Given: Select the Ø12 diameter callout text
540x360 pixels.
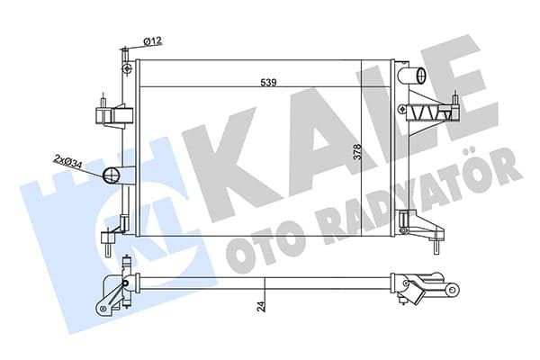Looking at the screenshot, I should point(152,41).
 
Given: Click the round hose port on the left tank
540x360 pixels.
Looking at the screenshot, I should point(114,175).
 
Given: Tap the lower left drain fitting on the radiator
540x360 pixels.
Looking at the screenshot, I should point(108,239).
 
